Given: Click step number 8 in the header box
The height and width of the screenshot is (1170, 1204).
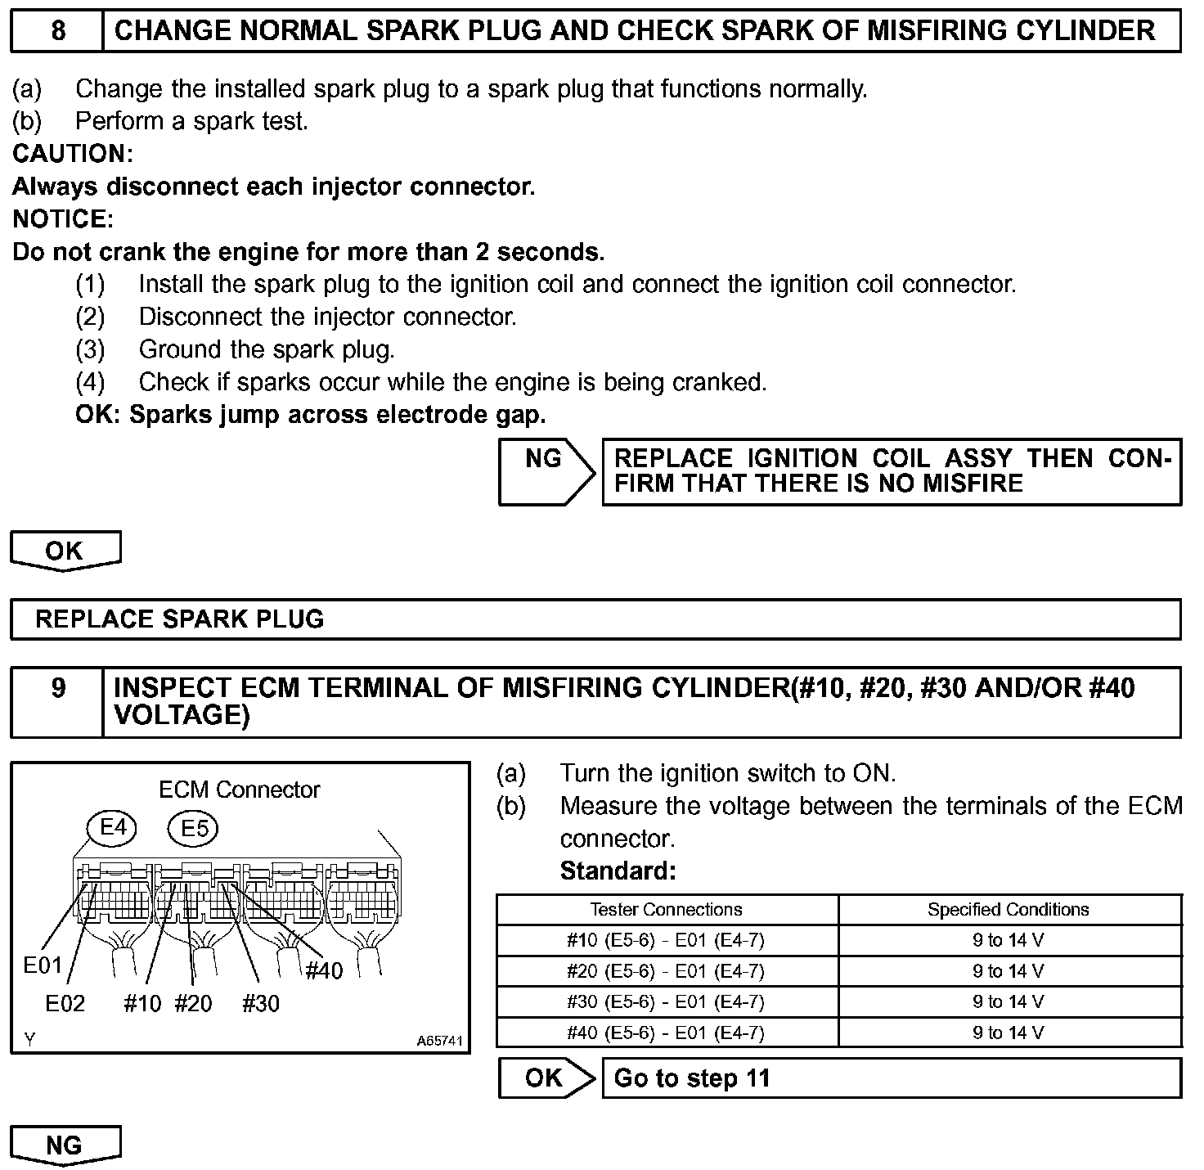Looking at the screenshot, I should click(x=58, y=31).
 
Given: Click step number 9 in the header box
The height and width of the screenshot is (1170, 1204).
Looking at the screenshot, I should click(x=58, y=688).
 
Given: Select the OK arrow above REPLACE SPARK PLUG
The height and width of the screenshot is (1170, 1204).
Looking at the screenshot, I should click(x=65, y=551).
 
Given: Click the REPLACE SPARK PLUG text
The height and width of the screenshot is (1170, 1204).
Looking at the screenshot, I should click(x=180, y=619).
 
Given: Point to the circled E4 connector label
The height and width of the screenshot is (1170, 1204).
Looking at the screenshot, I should click(x=114, y=828).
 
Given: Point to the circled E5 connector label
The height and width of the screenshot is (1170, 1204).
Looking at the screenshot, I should click(x=194, y=829).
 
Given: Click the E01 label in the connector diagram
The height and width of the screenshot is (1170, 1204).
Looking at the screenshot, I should click(x=43, y=965).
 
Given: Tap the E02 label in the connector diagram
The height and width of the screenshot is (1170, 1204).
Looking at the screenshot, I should click(x=65, y=1003).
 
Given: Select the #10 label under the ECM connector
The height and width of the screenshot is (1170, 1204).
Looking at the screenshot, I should click(x=142, y=1003).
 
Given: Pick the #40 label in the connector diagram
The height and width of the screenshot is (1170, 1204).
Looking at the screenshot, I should click(x=324, y=971).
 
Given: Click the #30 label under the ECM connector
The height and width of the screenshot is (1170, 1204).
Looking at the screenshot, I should click(x=261, y=1003).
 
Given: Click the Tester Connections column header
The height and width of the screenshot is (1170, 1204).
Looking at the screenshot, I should click(x=666, y=910).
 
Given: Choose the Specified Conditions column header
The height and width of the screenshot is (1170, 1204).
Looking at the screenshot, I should click(x=1008, y=910).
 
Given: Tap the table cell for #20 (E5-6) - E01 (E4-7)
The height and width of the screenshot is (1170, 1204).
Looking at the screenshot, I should click(x=666, y=971).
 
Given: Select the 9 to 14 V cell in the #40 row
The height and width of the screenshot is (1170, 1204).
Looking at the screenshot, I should click(x=1008, y=1033).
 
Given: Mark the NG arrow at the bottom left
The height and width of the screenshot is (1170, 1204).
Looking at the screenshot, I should click(x=65, y=1145).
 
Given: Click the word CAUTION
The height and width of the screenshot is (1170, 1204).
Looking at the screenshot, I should click(x=72, y=154).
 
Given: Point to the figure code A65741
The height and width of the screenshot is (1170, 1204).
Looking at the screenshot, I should click(x=439, y=1042).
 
